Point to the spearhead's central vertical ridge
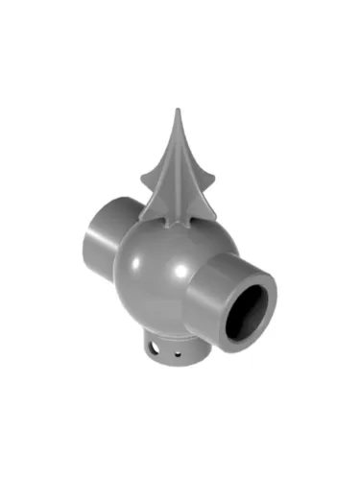(x=179, y=173)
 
